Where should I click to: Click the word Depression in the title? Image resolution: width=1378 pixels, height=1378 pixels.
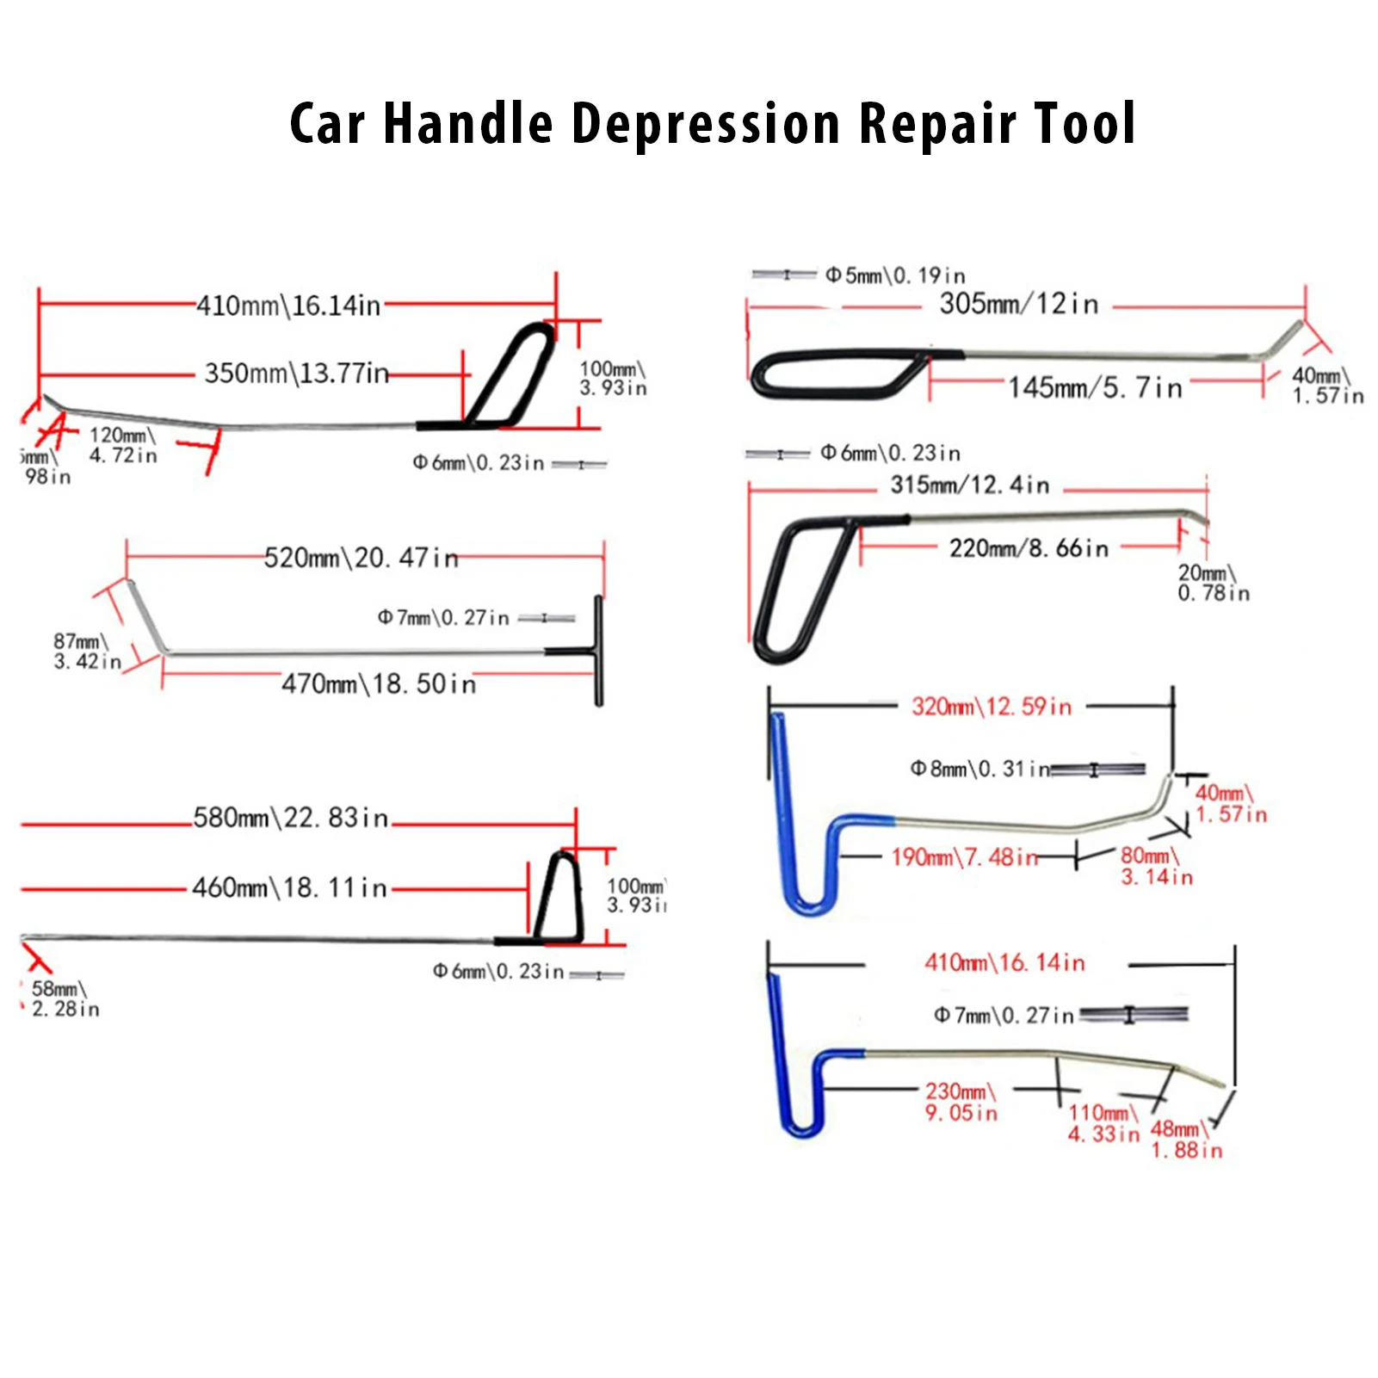[x=705, y=124]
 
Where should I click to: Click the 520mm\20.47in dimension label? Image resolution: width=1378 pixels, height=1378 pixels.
[x=361, y=558]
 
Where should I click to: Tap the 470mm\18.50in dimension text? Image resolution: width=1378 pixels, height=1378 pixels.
[x=379, y=684]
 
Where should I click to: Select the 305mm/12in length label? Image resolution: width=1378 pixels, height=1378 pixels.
[x=1019, y=304]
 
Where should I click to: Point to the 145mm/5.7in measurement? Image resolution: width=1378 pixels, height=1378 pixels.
[x=1095, y=388]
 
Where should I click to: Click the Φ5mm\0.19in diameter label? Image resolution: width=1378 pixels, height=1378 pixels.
[x=895, y=275]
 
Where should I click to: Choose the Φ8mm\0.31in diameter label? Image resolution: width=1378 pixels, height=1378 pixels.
[x=980, y=769]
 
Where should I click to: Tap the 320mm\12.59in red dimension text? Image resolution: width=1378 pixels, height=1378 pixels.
[x=992, y=707]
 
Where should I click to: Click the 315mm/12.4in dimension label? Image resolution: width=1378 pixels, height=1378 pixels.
[x=970, y=485]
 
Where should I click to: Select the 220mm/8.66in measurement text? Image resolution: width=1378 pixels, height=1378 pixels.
[x=1029, y=548]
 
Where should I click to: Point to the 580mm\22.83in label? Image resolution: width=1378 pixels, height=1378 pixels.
[x=291, y=818]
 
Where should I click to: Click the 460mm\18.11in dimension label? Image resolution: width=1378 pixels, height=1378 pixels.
[x=290, y=887]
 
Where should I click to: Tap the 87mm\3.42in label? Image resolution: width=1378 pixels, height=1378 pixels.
[x=86, y=652]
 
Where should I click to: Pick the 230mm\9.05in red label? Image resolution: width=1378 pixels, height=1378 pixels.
[x=961, y=1102]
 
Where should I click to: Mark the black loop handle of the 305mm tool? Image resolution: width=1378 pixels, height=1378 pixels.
[x=831, y=374]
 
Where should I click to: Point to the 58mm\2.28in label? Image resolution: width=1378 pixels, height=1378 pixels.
[x=65, y=998]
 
